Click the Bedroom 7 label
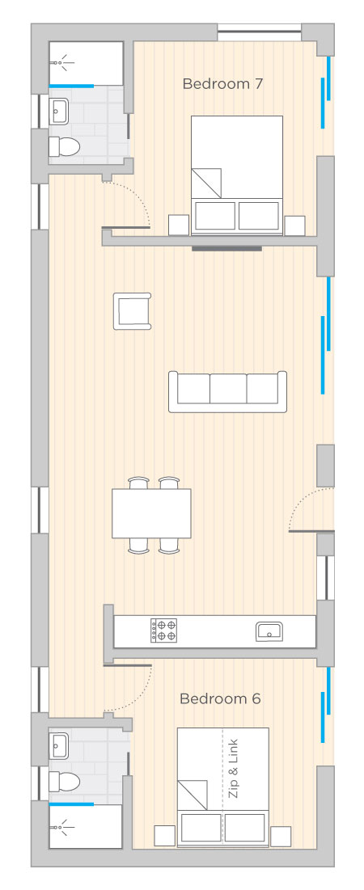[222, 84]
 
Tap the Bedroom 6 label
[220, 698]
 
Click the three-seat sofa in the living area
[228, 391]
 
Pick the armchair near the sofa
[133, 311]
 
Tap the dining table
[151, 513]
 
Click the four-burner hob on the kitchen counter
[163, 631]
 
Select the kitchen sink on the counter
[269, 631]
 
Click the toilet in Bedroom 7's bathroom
[64, 148]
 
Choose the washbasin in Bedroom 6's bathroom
[59, 744]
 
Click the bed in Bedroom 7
[237, 175]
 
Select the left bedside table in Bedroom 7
[179, 226]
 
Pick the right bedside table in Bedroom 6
[281, 836]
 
